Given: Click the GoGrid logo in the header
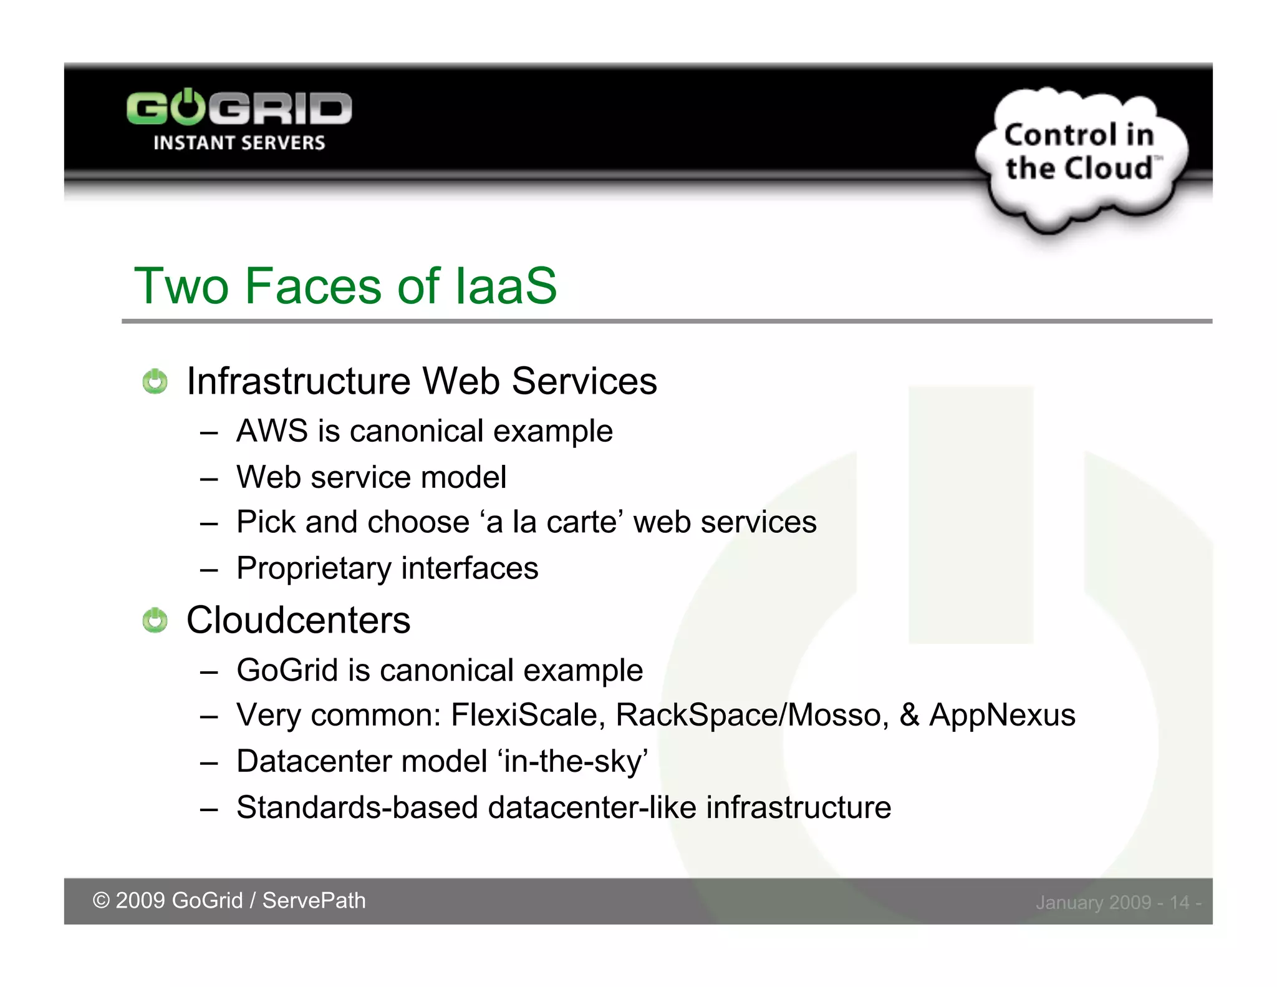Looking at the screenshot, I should (239, 109).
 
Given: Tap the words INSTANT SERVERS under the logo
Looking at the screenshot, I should (239, 143).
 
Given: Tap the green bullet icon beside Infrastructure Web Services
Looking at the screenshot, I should (155, 382).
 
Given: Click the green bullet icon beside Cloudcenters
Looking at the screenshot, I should (155, 621).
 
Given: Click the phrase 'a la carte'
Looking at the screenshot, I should (552, 522).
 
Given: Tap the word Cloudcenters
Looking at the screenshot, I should (298, 620).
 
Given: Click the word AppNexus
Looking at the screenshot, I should (1002, 715).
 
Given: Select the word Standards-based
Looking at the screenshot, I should (357, 807).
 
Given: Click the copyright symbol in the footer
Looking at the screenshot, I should (101, 901).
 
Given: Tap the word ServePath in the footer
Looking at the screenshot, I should (314, 901).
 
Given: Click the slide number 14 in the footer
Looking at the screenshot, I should (1178, 903).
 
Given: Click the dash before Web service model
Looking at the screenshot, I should (209, 479).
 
